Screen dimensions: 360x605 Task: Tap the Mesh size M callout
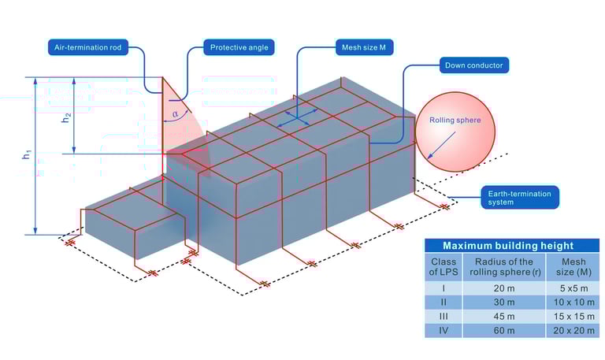pos(364,46)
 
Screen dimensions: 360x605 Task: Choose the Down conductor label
pos(473,65)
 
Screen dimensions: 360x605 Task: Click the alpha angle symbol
pos(175,113)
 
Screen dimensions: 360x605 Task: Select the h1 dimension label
pos(25,155)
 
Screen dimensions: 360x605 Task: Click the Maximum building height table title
pos(507,246)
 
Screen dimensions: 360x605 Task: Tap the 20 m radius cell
pos(499,288)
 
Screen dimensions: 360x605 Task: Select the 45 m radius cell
pos(499,317)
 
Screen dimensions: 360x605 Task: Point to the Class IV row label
pos(444,331)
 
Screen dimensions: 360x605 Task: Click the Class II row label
pos(444,302)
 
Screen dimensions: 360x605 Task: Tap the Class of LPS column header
pos(444,266)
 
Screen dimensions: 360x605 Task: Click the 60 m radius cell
pos(499,331)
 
